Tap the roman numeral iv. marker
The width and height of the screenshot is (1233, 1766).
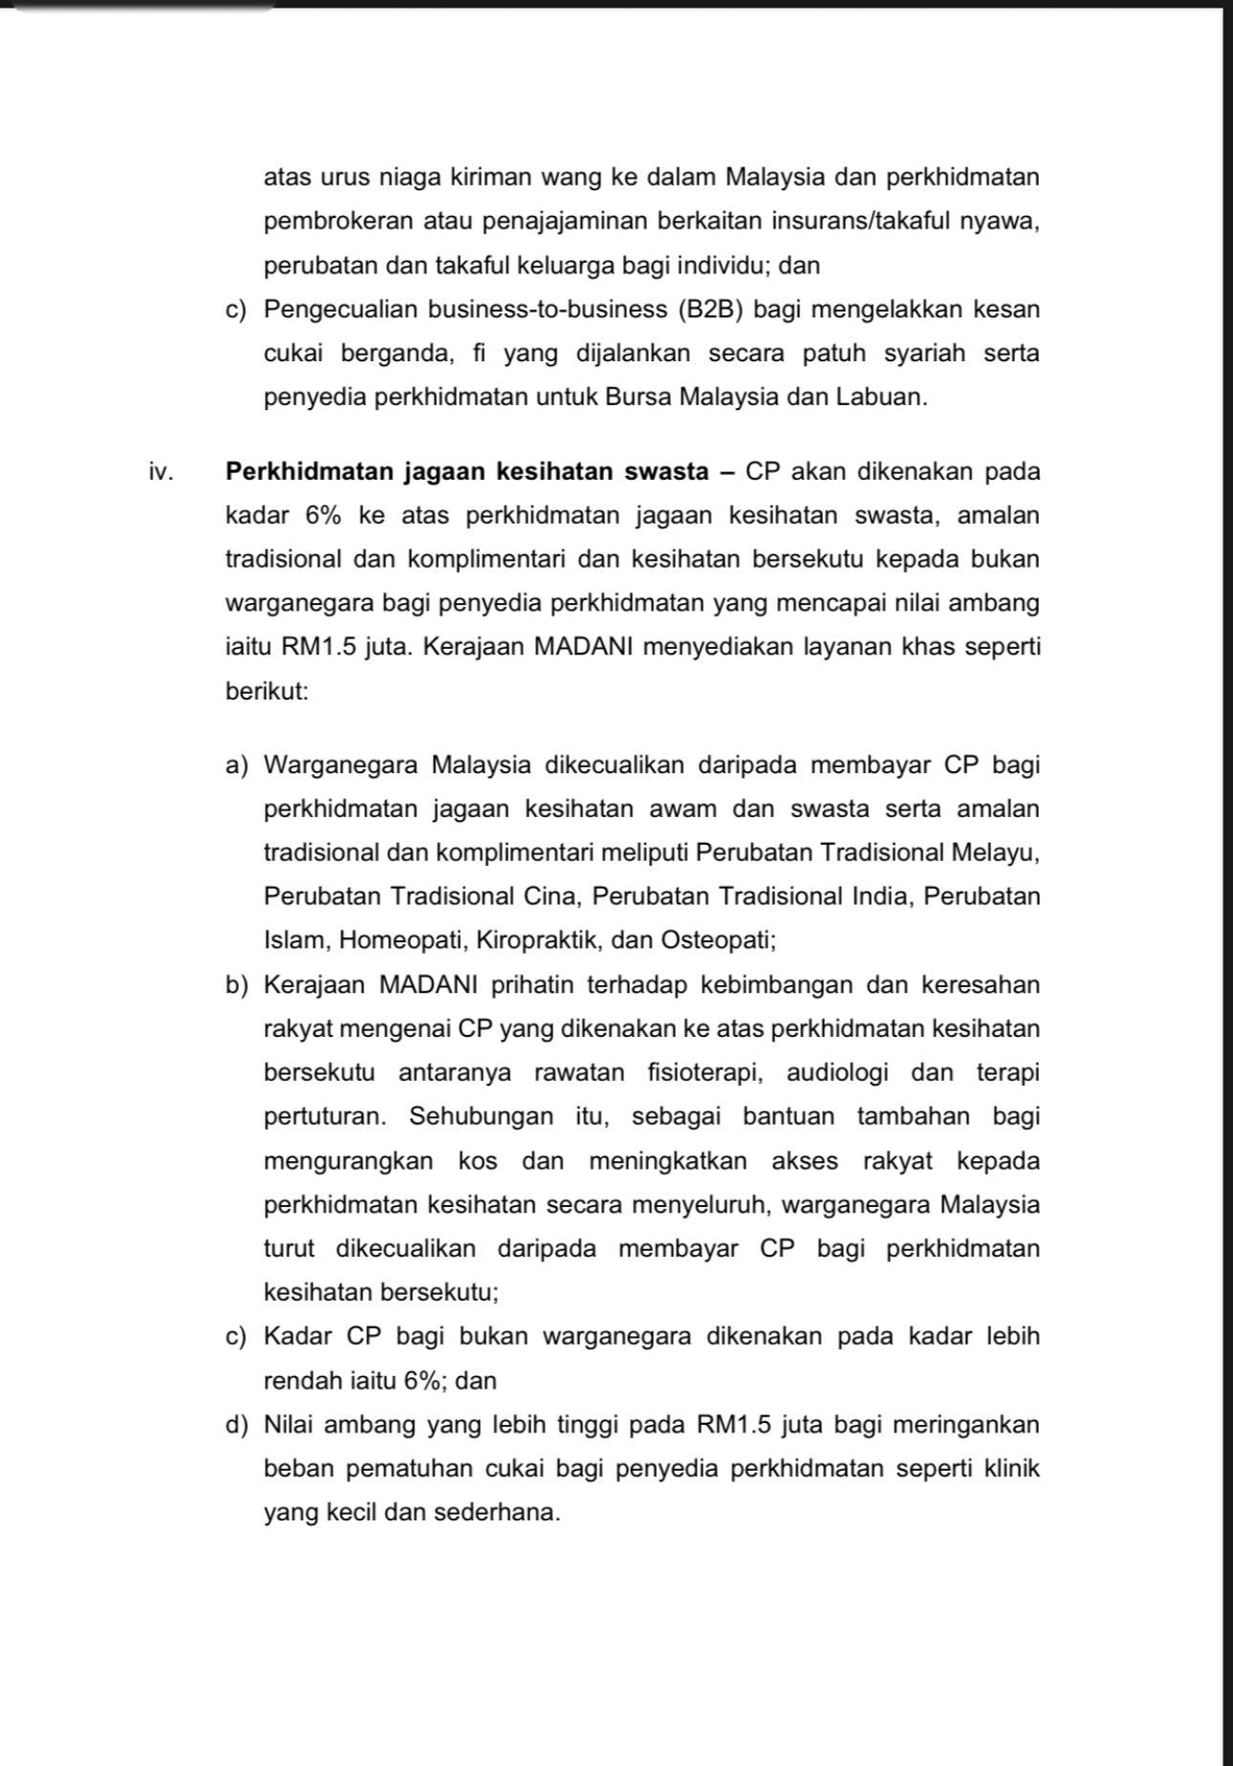160,472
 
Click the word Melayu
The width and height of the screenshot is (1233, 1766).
997,852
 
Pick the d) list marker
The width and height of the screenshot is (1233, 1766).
236,1425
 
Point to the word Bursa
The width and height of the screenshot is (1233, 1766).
638,398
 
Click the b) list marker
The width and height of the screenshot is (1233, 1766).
236,984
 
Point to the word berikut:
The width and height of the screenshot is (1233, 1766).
267,691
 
